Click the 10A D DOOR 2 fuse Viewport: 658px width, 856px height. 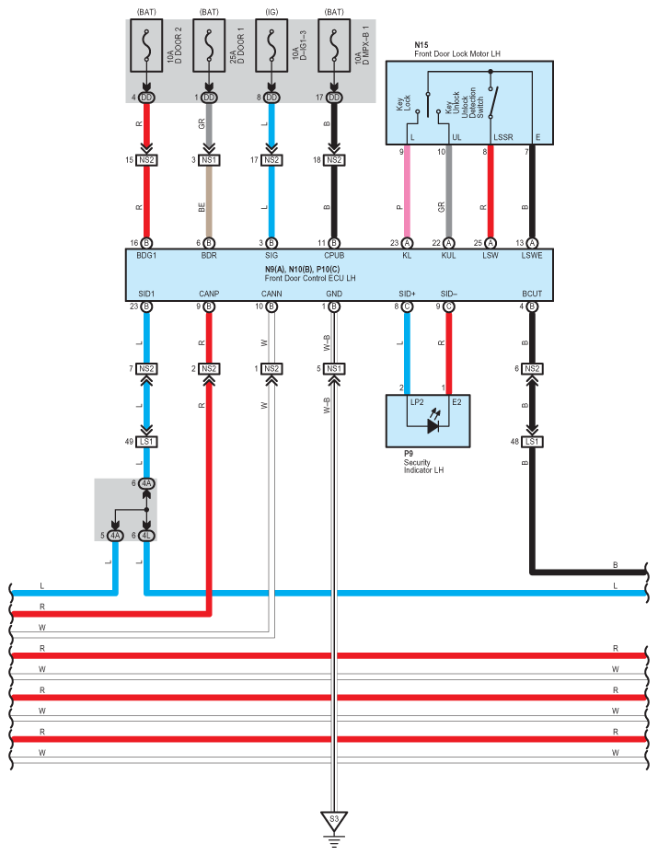146,45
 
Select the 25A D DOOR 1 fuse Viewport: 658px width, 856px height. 209,45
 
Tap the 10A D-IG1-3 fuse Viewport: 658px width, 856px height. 271,45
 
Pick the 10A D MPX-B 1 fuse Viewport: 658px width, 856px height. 334,45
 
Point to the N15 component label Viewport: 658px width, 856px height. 421,45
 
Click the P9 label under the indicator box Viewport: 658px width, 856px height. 409,454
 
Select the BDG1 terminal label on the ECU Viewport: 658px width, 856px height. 146,256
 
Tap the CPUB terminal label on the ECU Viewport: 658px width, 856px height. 334,256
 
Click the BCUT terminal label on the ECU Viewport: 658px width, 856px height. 532,294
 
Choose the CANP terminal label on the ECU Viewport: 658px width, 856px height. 209,294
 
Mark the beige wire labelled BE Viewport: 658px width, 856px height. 209,201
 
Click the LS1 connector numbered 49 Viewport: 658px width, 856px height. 146,441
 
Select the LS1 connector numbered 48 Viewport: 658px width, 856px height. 532,441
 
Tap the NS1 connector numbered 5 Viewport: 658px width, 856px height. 334,369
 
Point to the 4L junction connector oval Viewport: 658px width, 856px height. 146,536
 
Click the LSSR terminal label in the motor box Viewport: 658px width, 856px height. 503,137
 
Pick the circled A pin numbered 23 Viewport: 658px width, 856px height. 407,243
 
